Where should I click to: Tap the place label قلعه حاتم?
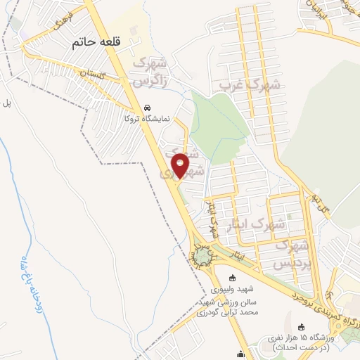coord(97,43)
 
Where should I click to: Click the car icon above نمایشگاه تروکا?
coord(146,108)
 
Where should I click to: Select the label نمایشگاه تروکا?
coord(146,119)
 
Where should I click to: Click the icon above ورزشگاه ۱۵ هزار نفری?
coord(302,326)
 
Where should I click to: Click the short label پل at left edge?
coord(8,103)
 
